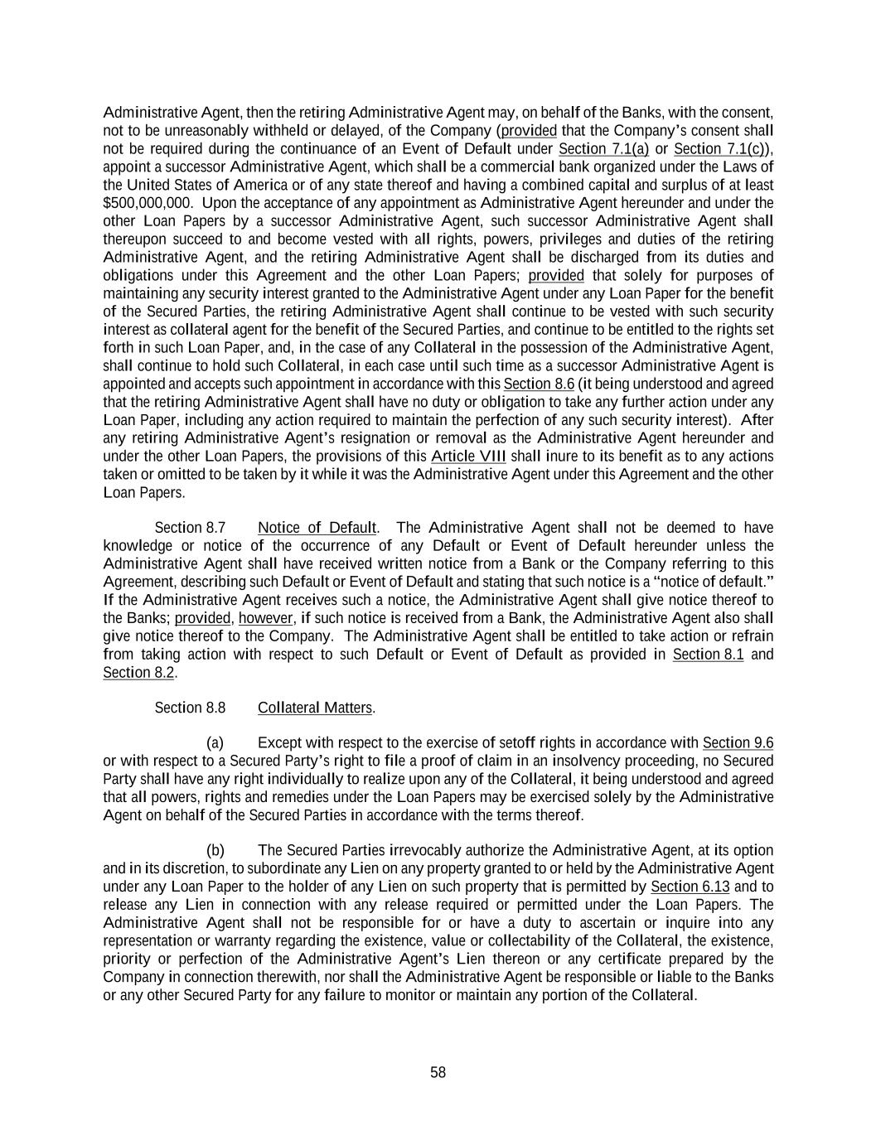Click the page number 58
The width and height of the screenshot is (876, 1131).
tap(438, 1073)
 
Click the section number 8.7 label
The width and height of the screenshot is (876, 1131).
tap(190, 528)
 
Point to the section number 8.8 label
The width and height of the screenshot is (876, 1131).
tap(190, 708)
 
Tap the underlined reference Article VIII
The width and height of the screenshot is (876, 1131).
tap(468, 457)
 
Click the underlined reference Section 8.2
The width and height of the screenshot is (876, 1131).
tap(138, 673)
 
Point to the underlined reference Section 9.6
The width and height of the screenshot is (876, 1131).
tap(738, 743)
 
